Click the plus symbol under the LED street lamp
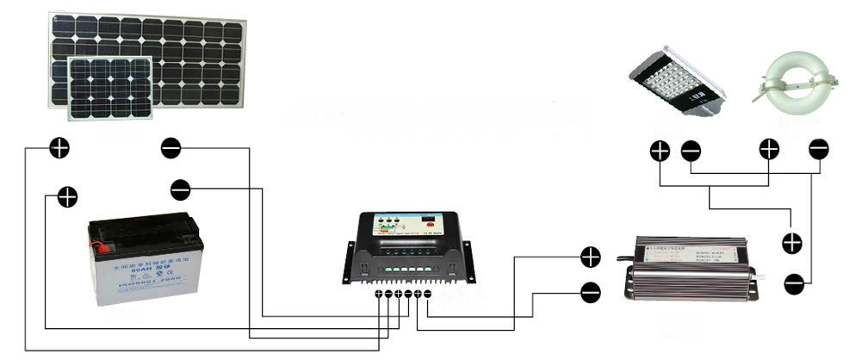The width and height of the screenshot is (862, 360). point(660,151)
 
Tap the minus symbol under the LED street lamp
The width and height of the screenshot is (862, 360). point(691,151)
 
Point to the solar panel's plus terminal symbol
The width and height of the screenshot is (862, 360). point(59,147)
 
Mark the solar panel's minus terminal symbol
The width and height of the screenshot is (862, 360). point(171,148)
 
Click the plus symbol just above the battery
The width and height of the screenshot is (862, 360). point(67,196)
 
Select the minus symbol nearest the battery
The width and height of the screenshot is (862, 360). point(181,189)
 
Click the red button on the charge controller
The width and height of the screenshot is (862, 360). point(379,229)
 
